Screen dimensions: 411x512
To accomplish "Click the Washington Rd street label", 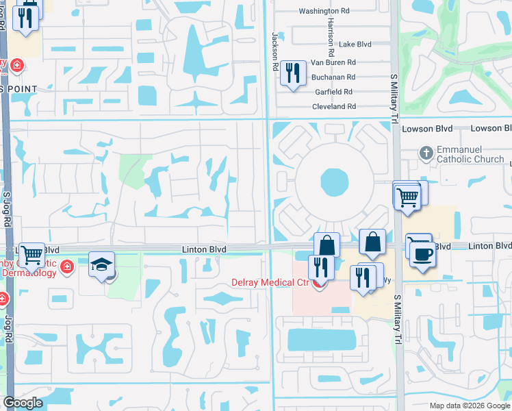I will [324, 12].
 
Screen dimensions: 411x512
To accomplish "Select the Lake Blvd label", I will [355, 44].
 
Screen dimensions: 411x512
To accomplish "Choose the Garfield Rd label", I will [334, 92].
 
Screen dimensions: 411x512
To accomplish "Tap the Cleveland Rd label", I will [333, 107].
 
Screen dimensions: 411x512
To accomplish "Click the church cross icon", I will [426, 153].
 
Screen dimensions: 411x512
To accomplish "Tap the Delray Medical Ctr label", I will [270, 282].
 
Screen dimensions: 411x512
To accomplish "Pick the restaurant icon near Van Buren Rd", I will [293, 73].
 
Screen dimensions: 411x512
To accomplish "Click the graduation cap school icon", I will [101, 264].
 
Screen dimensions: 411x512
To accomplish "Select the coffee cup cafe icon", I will [422, 253].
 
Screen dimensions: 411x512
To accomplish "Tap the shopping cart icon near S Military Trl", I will [407, 197].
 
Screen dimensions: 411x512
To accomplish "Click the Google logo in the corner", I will [23, 403].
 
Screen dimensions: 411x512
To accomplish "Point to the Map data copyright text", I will [470, 406].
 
